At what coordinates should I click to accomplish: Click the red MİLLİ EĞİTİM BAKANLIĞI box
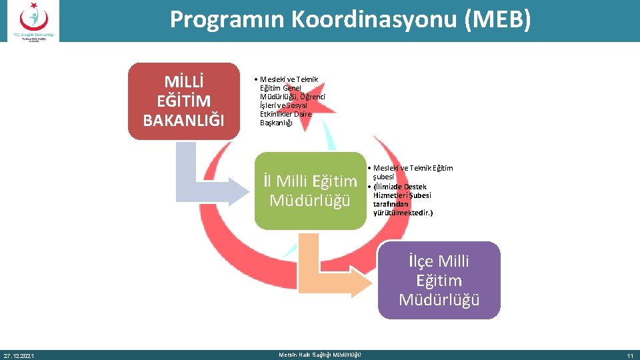click(183, 101)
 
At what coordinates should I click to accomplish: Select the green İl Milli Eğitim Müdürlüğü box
click(310, 191)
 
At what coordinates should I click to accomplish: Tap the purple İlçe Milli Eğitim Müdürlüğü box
click(439, 281)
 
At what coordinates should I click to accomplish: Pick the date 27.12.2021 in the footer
click(19, 355)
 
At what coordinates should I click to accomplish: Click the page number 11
click(629, 355)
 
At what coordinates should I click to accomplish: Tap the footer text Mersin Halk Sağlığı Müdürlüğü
click(320, 355)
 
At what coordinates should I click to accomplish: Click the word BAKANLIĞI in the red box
click(183, 120)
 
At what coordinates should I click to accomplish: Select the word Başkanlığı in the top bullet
click(276, 122)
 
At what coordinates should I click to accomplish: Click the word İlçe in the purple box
click(423, 261)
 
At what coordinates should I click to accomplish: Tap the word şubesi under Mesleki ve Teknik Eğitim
click(383, 177)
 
